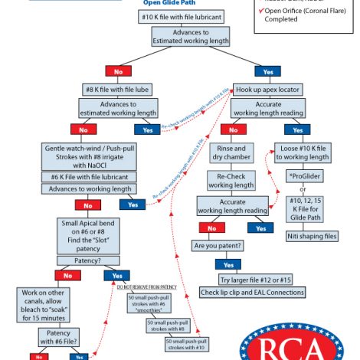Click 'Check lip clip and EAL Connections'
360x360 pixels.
(252, 292)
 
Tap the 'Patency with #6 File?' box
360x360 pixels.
(56, 336)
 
